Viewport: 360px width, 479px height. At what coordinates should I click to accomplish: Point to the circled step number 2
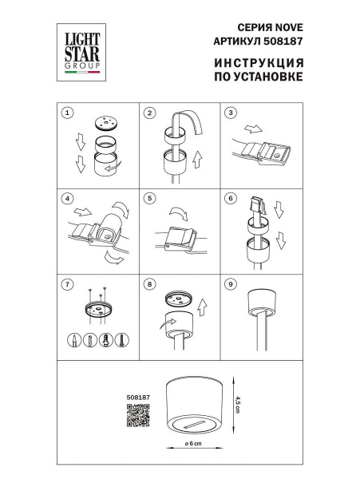point(149,113)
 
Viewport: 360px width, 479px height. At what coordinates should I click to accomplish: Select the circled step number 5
point(149,198)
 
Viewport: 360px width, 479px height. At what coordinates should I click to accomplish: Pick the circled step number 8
point(149,283)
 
